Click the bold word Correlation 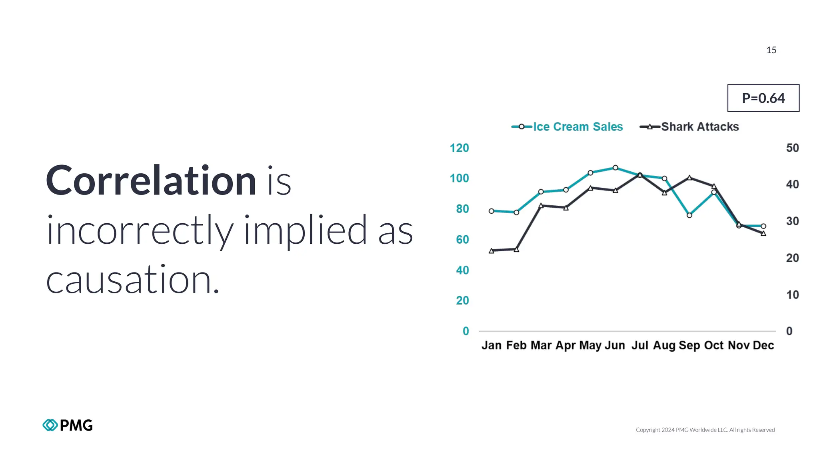point(151,181)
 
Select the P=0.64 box point(763,98)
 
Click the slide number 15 point(771,50)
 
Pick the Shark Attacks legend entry point(689,127)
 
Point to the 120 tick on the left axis point(459,148)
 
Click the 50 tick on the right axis point(792,148)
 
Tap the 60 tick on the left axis point(462,240)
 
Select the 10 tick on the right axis point(792,295)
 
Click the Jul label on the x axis point(639,345)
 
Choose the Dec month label point(763,345)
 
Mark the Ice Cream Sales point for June point(615,168)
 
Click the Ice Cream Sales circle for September point(689,215)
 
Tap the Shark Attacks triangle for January point(491,251)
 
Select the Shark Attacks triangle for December point(763,233)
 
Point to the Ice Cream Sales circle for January point(491,211)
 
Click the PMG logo point(68,425)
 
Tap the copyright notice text point(705,430)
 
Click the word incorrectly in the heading point(140,230)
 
